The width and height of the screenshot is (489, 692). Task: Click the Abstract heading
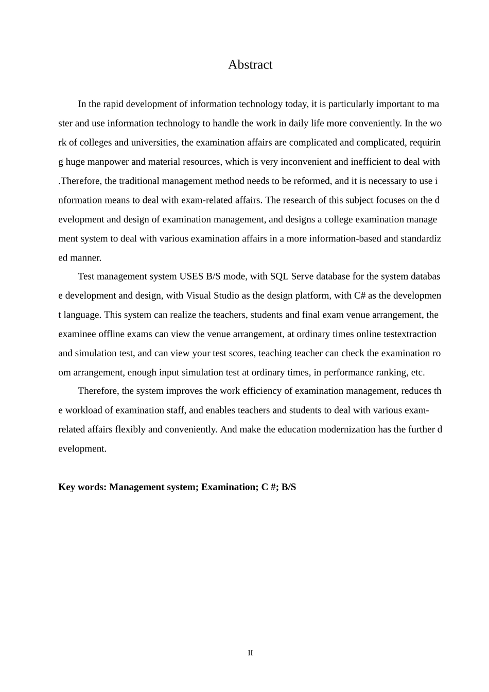click(250, 65)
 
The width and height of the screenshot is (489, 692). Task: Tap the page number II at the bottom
click(250, 653)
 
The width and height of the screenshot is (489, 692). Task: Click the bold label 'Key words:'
click(82, 487)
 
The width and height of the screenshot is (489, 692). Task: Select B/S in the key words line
click(289, 487)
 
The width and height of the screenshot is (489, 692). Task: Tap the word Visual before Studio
click(198, 296)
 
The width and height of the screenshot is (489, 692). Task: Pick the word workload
click(82, 410)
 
